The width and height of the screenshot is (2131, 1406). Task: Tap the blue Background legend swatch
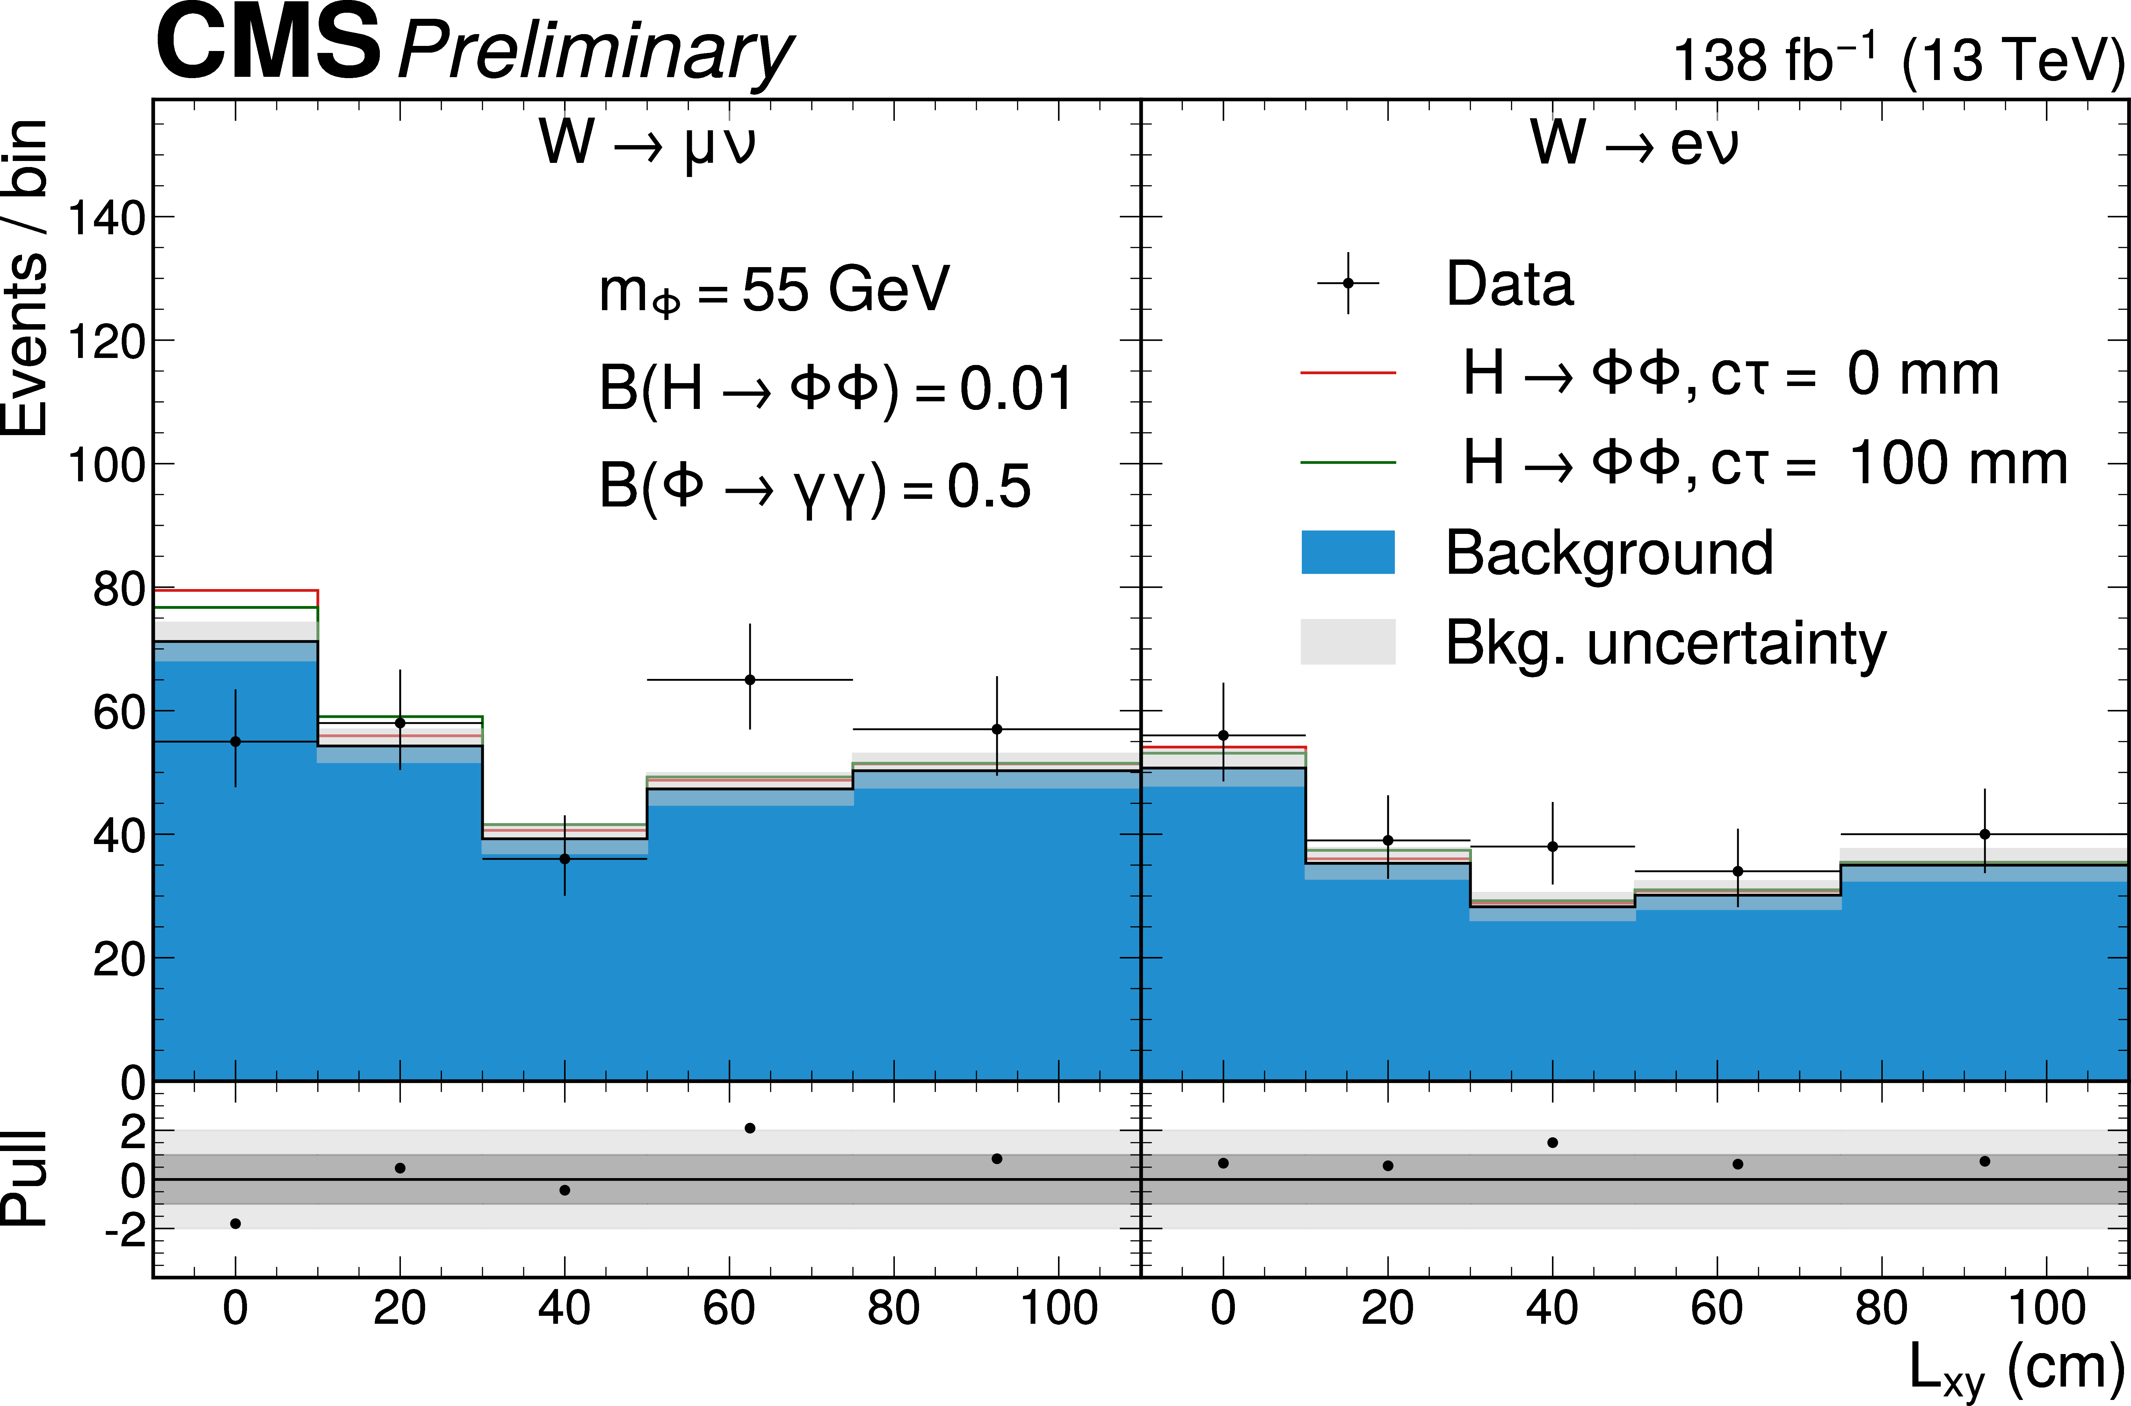pyautogui.click(x=1347, y=551)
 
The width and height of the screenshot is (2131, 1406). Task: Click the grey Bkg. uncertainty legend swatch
pyautogui.click(x=1347, y=641)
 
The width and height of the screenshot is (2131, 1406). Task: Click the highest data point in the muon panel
pyautogui.click(x=750, y=680)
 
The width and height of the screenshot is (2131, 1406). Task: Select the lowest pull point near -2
pyautogui.click(x=235, y=1223)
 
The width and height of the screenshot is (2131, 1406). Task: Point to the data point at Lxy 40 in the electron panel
pyautogui.click(x=1552, y=847)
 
